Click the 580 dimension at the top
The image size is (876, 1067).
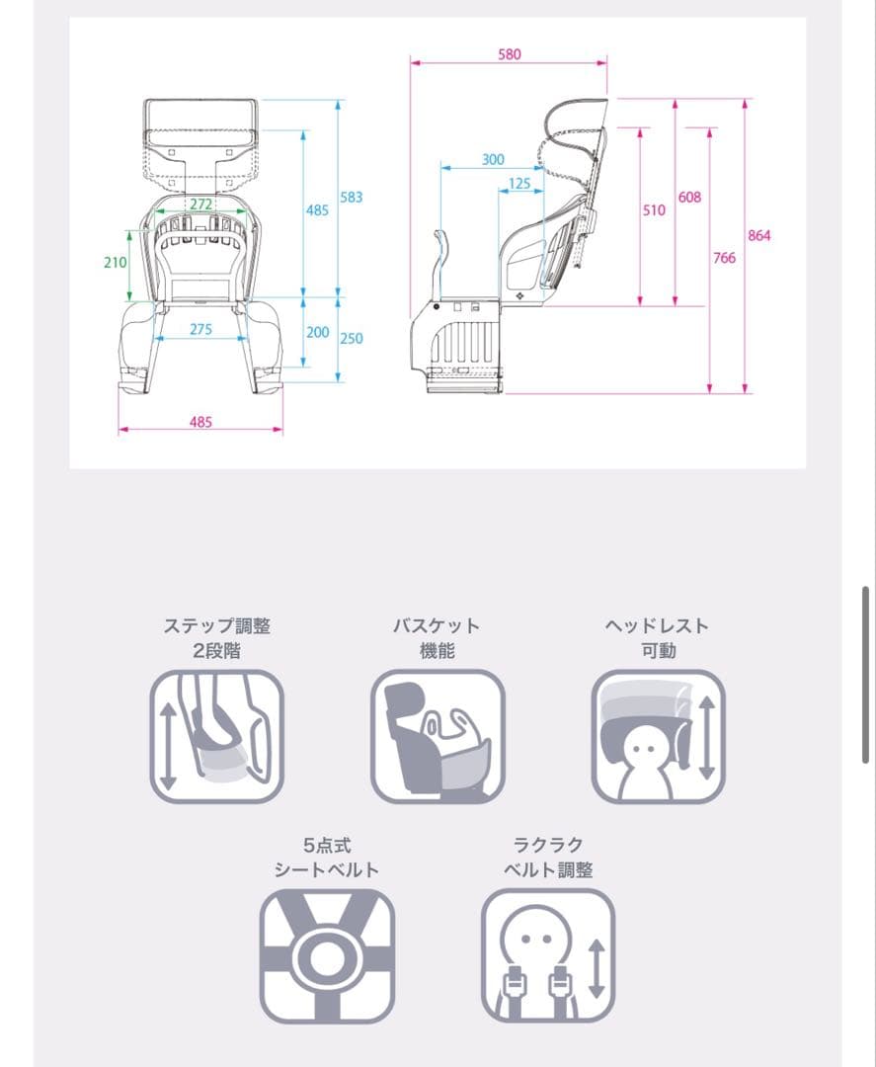tap(509, 54)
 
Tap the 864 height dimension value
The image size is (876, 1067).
tap(759, 235)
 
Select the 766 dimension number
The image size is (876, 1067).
tap(724, 258)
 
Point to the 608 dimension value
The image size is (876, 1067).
tap(689, 198)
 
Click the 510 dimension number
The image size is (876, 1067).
tap(654, 210)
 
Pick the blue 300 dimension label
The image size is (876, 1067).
tap(493, 160)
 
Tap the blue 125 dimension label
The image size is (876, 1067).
tap(518, 184)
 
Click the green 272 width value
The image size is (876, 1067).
tap(200, 205)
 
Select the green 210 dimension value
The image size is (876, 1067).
tap(115, 262)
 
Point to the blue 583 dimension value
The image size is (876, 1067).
tap(351, 198)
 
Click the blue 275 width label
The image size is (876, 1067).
tap(200, 329)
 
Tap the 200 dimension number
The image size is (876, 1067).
tap(318, 332)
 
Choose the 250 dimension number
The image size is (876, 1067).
tap(351, 338)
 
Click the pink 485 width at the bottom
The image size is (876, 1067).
tap(200, 422)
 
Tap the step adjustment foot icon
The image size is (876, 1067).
tap(217, 736)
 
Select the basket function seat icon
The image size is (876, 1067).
tap(438, 736)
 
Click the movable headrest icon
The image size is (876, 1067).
tap(659, 736)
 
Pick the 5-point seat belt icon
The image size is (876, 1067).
tap(327, 956)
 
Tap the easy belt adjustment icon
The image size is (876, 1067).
tap(548, 956)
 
